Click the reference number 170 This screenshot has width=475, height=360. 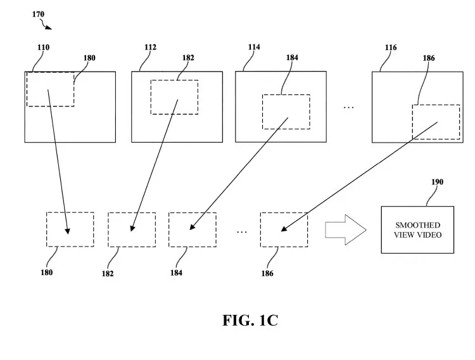38,14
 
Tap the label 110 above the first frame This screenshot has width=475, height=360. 43,48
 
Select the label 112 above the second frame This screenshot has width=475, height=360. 150,48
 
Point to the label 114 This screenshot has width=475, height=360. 254,47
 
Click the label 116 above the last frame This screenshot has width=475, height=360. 391,48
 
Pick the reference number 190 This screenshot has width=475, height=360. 437,182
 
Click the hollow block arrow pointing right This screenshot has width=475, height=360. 346,229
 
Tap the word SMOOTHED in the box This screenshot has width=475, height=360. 417,225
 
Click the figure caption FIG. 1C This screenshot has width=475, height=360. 250,320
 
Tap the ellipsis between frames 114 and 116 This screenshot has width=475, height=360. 349,107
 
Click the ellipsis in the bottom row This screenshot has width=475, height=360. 242,232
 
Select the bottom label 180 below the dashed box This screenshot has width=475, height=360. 47,273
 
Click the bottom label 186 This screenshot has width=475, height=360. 267,274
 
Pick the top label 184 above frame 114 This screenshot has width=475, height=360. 292,58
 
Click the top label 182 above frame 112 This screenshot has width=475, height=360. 188,58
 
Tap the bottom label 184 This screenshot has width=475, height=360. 176,273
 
